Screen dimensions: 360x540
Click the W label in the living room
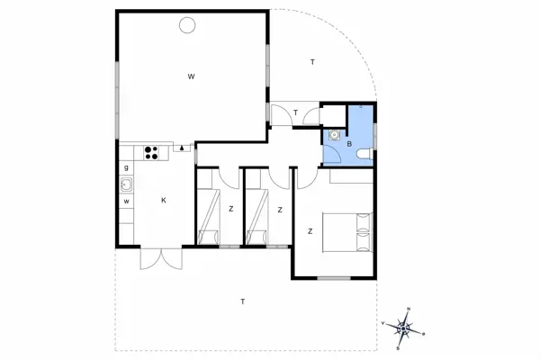click(192, 77)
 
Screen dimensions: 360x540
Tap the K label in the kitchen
click(164, 201)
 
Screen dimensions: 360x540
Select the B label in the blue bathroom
click(348, 141)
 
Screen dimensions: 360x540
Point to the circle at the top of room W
click(188, 24)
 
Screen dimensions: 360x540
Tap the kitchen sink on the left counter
click(127, 185)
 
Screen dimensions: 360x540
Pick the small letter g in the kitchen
click(127, 167)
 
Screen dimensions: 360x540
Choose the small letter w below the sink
click(127, 201)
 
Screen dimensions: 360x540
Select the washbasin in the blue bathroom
click(335, 136)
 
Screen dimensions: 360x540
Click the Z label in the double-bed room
click(310, 231)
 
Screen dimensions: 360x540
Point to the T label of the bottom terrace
click(242, 301)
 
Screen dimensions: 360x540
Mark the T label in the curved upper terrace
click(312, 62)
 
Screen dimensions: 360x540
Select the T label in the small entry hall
click(295, 112)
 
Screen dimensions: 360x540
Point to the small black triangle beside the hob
click(182, 147)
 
